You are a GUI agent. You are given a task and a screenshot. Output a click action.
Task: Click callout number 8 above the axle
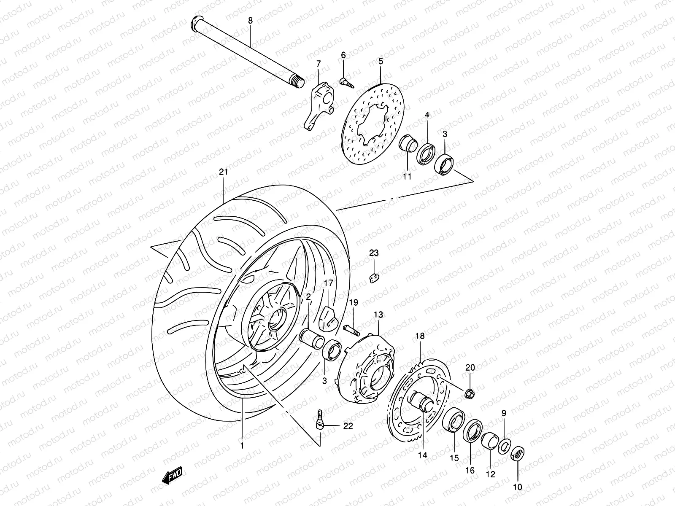point(250,21)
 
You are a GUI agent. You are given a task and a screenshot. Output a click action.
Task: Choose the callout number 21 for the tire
point(224,172)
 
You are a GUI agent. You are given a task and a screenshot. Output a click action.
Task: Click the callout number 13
point(378,315)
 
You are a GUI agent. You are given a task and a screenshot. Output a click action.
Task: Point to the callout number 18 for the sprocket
point(420,336)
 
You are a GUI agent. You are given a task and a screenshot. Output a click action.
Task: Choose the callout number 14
point(423,455)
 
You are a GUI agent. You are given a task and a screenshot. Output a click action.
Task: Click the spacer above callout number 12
point(489,441)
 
